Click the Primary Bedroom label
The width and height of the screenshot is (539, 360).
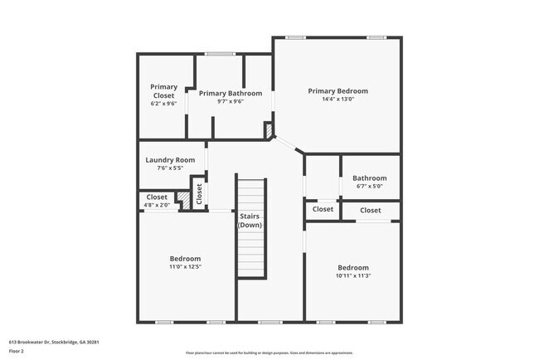[337, 91]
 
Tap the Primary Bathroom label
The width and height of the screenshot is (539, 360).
[231, 93]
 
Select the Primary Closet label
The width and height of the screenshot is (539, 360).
[163, 90]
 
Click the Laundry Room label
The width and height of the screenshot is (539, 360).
[170, 160]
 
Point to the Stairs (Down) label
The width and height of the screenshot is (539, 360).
[250, 221]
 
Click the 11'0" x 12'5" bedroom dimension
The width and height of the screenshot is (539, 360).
[186, 267]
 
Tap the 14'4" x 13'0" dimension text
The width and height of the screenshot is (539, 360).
[337, 100]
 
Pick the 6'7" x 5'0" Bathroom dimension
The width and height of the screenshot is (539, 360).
[369, 187]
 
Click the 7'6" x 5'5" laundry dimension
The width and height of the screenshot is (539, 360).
[170, 168]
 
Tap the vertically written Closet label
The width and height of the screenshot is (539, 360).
[199, 192]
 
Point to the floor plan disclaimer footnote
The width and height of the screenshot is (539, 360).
[269, 352]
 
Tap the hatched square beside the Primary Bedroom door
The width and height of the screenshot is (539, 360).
[268, 129]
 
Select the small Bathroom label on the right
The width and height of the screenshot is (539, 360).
[369, 178]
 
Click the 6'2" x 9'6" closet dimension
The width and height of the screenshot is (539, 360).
[163, 104]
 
